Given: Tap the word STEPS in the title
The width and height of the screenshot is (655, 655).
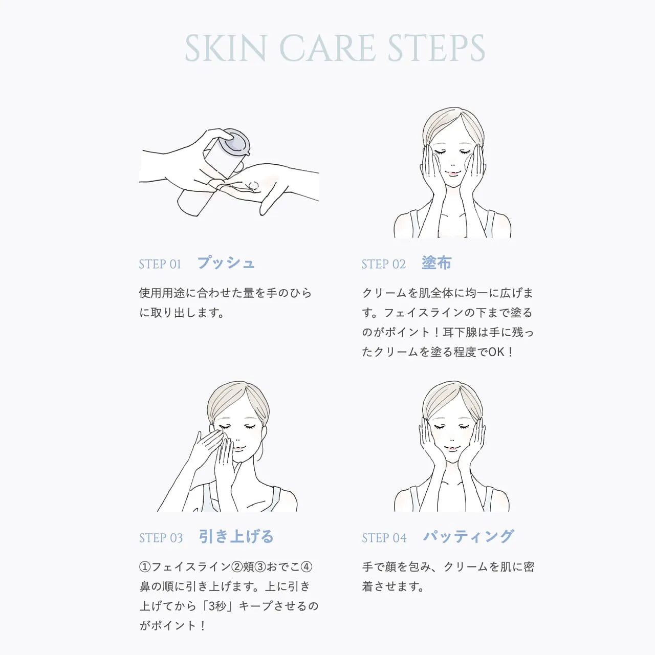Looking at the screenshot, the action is point(436,48).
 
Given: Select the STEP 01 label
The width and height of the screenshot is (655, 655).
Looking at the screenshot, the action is point(160,264).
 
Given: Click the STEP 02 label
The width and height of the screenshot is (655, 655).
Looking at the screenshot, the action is point(384,264).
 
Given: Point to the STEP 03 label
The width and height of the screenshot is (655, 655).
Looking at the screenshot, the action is point(161,538).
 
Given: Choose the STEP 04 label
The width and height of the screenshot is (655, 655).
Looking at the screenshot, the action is point(384,538).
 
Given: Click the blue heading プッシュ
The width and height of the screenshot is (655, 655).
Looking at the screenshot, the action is point(226,263).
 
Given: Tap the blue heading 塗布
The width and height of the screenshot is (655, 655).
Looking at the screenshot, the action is point(437,263).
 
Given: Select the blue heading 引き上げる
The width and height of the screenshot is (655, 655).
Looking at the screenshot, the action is point(236,536).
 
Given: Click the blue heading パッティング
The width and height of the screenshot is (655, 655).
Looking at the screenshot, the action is point(468,536).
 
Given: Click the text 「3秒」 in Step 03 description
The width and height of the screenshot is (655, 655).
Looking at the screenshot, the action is point(217,606).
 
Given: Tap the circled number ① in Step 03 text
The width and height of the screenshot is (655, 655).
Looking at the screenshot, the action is point(145,566).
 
